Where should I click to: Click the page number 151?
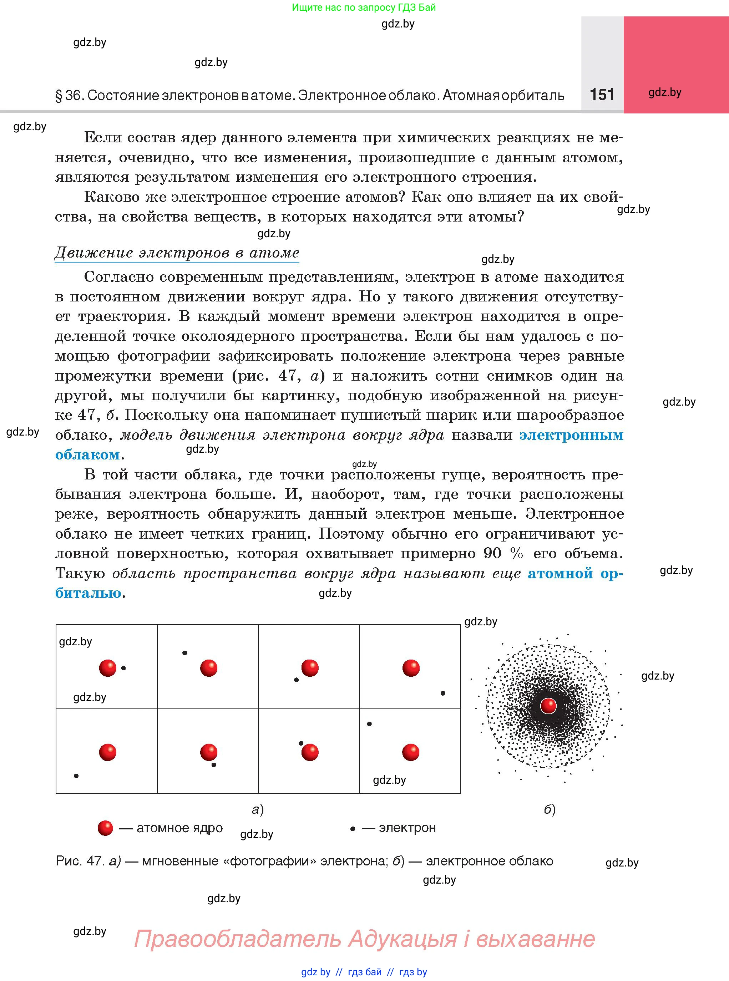coord(602,95)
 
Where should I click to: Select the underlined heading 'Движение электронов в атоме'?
coord(177,253)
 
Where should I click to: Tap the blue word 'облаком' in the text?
coord(87,454)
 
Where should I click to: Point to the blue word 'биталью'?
coord(88,593)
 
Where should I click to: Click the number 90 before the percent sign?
coord(492,553)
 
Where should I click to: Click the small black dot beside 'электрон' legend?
coord(353,829)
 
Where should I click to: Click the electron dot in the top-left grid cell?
coord(123,668)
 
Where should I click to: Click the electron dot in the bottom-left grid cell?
coord(76,776)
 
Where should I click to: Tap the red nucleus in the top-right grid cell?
coord(411,668)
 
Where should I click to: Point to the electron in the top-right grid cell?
coord(443,693)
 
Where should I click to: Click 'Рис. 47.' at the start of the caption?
coord(80,860)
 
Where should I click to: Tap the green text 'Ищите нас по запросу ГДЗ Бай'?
coord(364,7)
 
